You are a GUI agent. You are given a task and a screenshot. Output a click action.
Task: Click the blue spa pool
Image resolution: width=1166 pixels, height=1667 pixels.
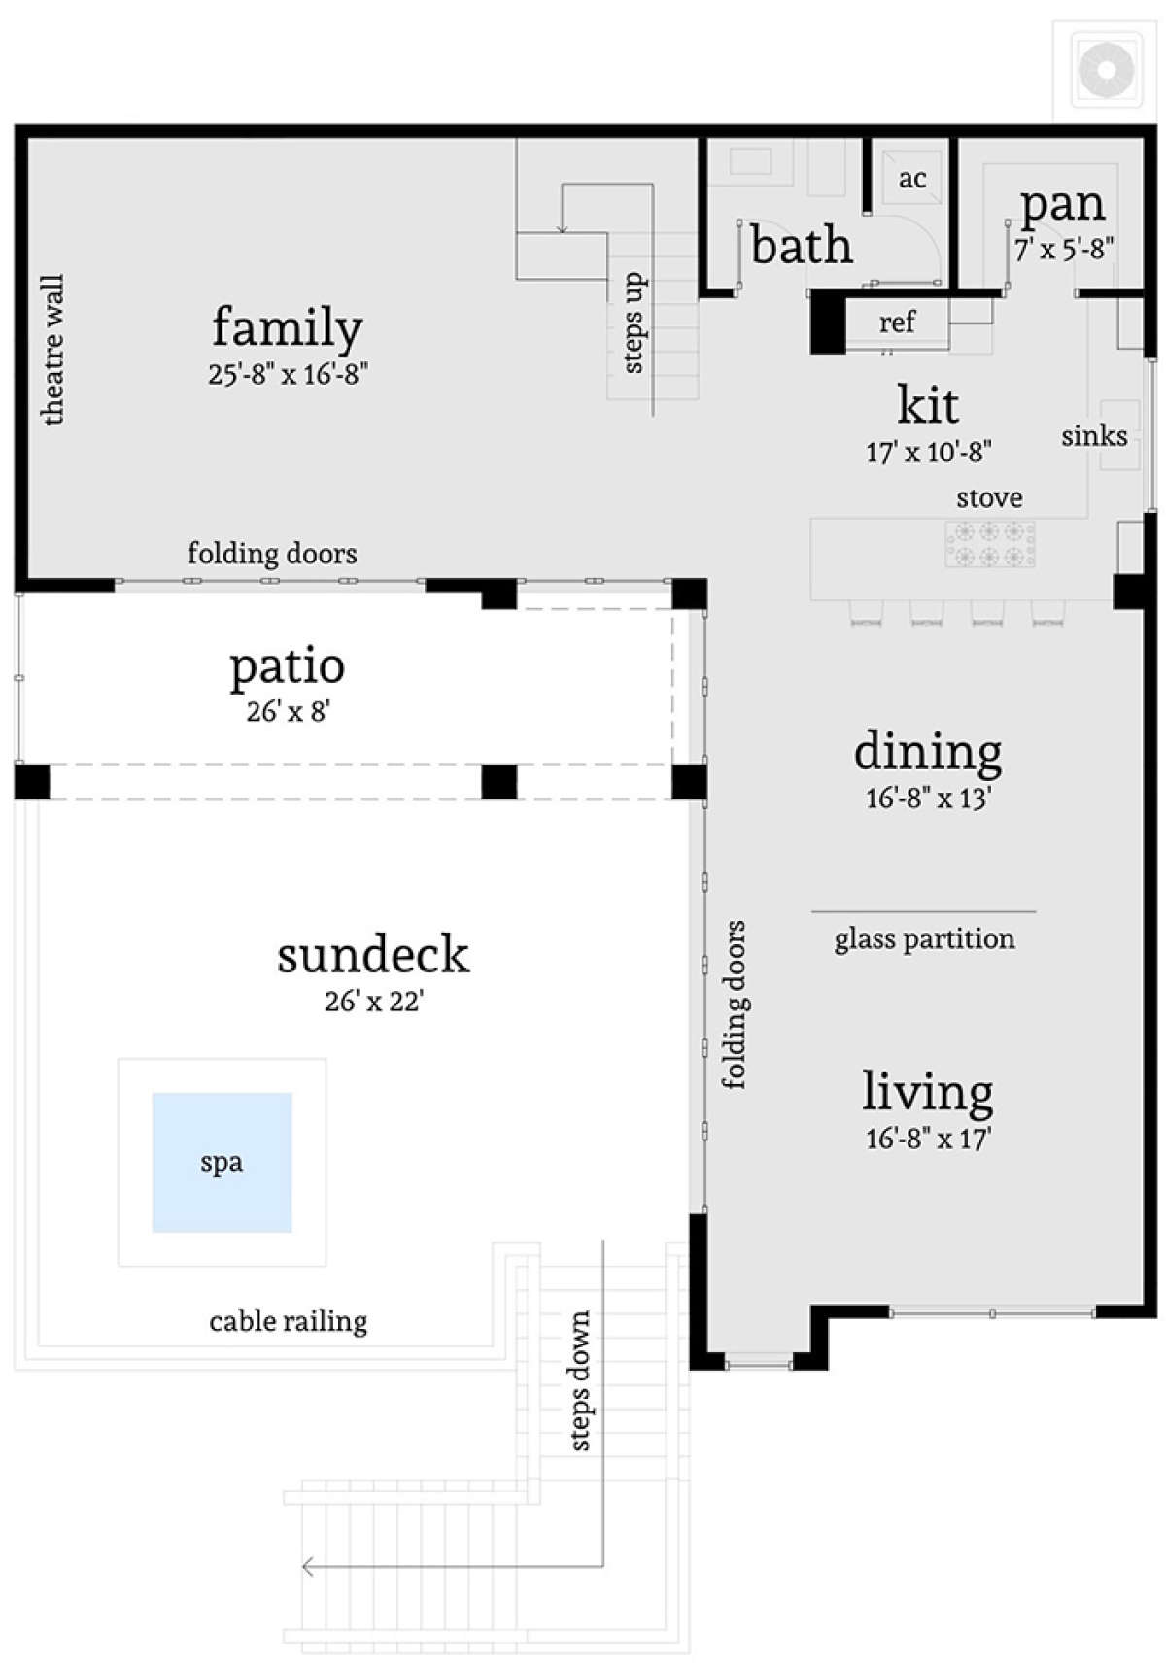222,1162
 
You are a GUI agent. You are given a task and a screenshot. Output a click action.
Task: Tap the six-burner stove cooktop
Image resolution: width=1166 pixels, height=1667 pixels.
989,544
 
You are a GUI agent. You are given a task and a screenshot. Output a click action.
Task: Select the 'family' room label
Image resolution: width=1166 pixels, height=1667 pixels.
288,327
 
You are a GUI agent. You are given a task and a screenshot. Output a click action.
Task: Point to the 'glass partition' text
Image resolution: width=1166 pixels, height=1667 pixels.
924,939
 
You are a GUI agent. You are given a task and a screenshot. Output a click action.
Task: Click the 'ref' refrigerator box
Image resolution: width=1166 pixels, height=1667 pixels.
897,323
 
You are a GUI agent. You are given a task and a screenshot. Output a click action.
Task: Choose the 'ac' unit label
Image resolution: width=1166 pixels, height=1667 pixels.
912,179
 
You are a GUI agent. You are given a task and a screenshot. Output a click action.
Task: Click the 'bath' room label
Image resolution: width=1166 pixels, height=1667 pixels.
802,245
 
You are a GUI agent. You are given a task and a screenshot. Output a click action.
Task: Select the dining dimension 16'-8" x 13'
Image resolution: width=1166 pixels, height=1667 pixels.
928,799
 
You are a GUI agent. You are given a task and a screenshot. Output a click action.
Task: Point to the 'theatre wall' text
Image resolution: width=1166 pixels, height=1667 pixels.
52,350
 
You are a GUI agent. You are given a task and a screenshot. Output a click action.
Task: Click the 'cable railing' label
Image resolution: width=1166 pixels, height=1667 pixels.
289,1321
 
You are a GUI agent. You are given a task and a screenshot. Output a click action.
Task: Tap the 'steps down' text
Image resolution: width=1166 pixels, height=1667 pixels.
579,1380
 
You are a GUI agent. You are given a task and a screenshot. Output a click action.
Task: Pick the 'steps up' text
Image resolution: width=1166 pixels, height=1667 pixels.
633,323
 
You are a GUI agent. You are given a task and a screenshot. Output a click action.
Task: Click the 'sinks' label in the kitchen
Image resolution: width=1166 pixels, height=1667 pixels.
1094,436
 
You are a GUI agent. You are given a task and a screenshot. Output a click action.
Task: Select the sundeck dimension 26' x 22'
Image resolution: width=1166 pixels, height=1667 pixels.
374,1001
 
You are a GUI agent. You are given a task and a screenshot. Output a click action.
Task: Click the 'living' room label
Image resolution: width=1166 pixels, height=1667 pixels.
928,1092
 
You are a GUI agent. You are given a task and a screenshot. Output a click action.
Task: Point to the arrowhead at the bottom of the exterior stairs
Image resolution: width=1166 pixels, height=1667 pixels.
308,1566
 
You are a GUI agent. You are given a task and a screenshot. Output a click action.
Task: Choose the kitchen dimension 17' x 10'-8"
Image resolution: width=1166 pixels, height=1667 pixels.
928,452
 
